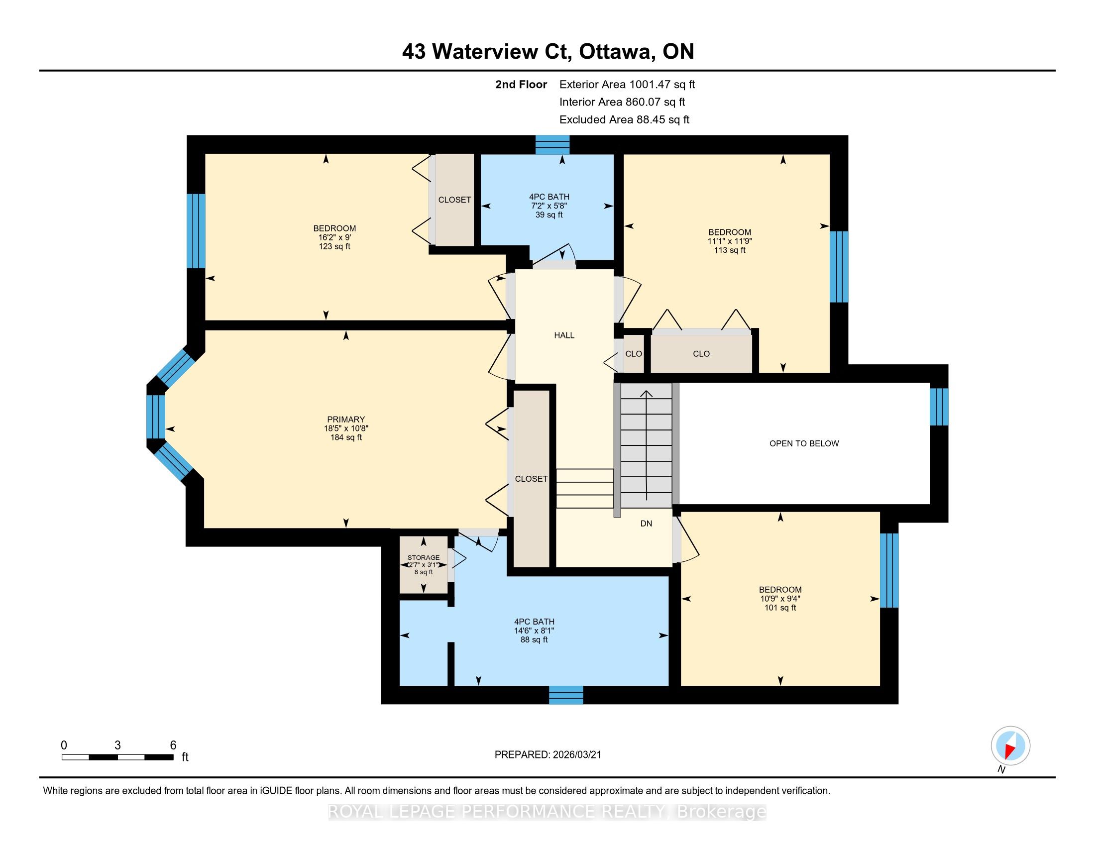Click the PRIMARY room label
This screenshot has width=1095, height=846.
346,420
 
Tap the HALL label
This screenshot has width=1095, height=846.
564,335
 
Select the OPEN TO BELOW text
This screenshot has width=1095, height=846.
804,443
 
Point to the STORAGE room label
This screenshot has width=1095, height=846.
424,557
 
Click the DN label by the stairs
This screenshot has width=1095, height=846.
646,523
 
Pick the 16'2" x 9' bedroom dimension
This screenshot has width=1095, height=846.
334,237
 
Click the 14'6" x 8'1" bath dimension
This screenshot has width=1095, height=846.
534,631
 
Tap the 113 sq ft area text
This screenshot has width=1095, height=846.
730,250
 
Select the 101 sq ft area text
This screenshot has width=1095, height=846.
780,608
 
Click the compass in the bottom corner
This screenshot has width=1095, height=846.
1010,746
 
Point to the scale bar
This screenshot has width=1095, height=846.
118,757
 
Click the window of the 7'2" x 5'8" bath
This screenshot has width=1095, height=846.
552,144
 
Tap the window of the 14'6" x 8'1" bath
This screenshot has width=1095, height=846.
566,695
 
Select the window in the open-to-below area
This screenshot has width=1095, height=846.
939,407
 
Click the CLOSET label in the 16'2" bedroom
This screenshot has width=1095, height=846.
455,200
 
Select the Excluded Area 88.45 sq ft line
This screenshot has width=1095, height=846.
624,119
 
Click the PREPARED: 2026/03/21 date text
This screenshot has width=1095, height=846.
547,754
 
